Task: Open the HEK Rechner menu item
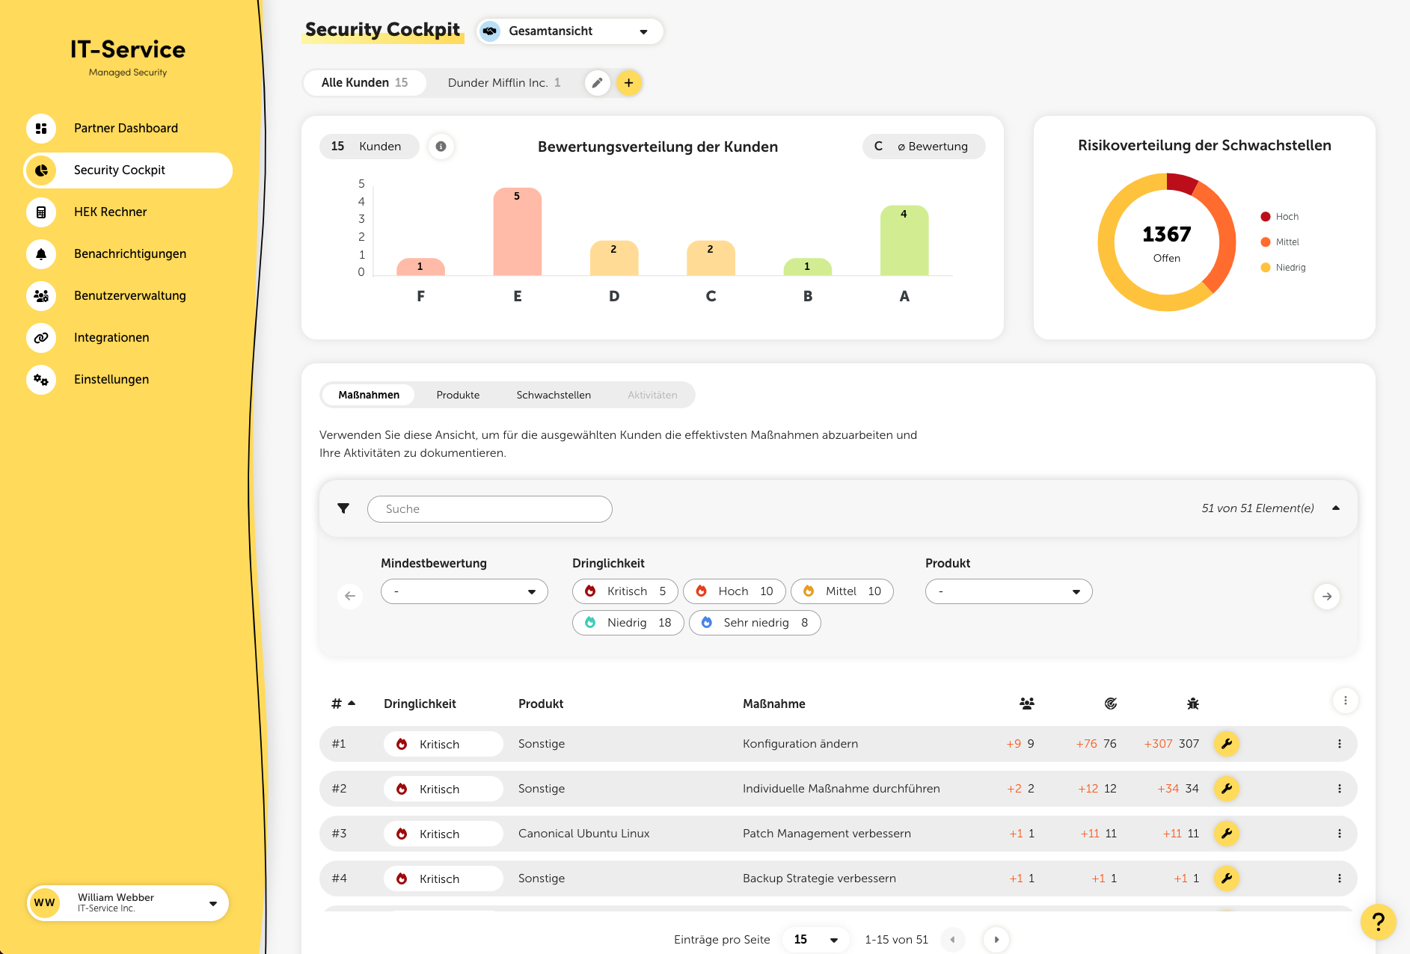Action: [x=110, y=212]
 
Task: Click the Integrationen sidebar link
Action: [x=111, y=338]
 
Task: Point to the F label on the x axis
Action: [x=420, y=296]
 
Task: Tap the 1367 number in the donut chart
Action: [x=1166, y=235]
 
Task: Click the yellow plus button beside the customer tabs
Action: [x=629, y=83]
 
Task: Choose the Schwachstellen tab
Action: [x=554, y=395]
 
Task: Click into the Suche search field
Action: [x=490, y=509]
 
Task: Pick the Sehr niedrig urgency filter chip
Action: [x=755, y=623]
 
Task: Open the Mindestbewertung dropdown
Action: [x=464, y=591]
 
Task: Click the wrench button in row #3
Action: [x=1227, y=834]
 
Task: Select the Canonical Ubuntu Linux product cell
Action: [x=583, y=834]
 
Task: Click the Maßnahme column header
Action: [x=773, y=704]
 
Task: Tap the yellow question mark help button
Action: [x=1378, y=922]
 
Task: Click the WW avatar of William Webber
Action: [x=44, y=903]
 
